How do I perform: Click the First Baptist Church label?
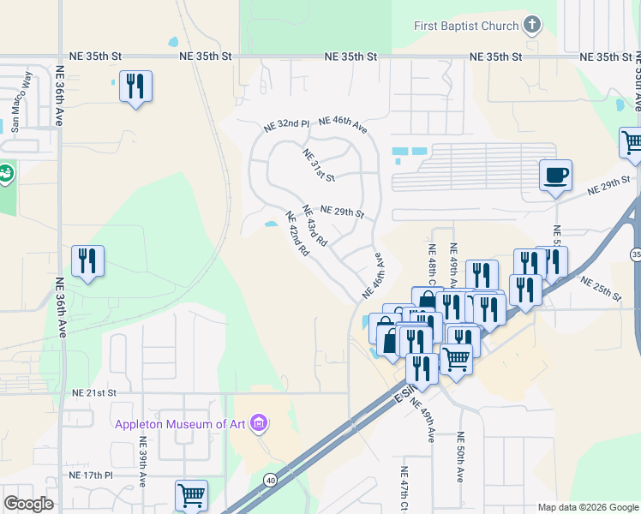coord(466,26)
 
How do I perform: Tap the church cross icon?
coord(532,25)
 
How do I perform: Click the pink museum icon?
coord(260,423)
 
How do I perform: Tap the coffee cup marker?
coord(555,176)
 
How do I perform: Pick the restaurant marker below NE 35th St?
coord(135,87)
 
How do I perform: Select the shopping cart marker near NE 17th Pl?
coord(191,495)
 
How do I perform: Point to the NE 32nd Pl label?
coord(286,125)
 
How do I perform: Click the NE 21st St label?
coord(94,392)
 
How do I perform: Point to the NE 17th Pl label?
coord(93,475)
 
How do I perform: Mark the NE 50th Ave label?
coord(460,469)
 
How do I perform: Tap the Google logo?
coord(28,504)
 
